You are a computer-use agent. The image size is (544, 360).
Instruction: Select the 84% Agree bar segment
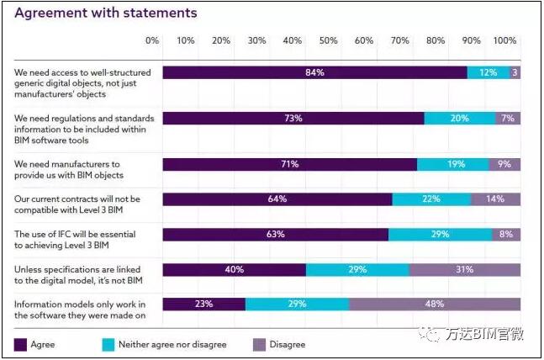click(314, 73)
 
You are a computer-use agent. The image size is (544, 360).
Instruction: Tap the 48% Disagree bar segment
click(434, 304)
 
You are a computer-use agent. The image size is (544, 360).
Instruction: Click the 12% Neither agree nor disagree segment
click(488, 73)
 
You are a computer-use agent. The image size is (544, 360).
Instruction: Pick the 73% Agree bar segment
click(293, 119)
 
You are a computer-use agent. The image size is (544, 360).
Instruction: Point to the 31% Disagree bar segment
click(464, 270)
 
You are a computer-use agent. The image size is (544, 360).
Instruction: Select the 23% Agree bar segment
click(203, 304)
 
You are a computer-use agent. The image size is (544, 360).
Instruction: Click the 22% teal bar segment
click(431, 199)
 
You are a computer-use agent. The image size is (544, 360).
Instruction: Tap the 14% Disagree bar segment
click(495, 199)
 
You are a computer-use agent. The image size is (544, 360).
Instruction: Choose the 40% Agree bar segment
click(234, 270)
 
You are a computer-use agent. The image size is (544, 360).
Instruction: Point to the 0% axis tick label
click(152, 40)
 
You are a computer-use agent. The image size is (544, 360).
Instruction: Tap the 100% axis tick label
click(504, 40)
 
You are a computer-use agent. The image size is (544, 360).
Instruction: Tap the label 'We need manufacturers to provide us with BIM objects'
click(69, 169)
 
